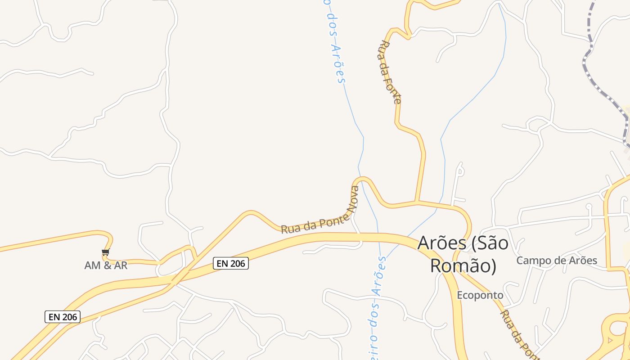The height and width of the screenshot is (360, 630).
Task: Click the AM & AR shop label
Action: (x=106, y=265)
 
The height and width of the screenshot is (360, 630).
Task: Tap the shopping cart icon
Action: (x=105, y=252)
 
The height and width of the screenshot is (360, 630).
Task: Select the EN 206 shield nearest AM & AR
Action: (x=63, y=317)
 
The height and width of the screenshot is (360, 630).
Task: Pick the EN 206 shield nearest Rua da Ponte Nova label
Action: (x=231, y=263)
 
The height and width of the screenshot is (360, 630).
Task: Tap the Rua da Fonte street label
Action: (x=390, y=72)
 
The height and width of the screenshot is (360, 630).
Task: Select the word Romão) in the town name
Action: (x=463, y=265)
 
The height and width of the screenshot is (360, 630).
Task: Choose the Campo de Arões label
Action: (x=557, y=260)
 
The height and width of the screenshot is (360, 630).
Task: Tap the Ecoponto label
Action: (x=480, y=295)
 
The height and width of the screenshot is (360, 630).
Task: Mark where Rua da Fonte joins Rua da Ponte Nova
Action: (x=417, y=202)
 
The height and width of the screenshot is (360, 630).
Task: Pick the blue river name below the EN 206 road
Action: (x=378, y=306)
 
